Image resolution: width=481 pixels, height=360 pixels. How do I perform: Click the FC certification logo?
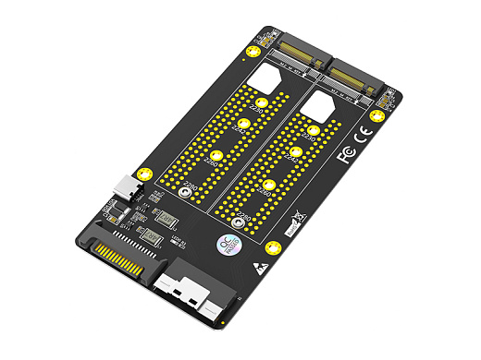pyautogui.click(x=347, y=153)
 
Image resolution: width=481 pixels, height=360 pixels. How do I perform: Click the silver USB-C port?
pyautogui.click(x=126, y=188)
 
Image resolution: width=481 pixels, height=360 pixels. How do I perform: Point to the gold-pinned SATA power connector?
pyautogui.click(x=119, y=261)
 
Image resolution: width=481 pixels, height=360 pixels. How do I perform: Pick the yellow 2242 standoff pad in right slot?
pyautogui.click(x=296, y=151)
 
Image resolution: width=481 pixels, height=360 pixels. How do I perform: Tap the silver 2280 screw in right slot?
pyautogui.click(x=239, y=222)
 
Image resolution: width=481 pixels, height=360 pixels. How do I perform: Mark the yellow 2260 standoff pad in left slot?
pyautogui.click(x=216, y=157)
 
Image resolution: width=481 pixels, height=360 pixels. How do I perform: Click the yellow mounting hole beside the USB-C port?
pyautogui.click(x=143, y=174)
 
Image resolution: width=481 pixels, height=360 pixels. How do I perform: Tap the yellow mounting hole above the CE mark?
pyautogui.click(x=376, y=116)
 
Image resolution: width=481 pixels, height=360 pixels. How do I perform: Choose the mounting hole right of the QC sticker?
pyautogui.click(x=272, y=247)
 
